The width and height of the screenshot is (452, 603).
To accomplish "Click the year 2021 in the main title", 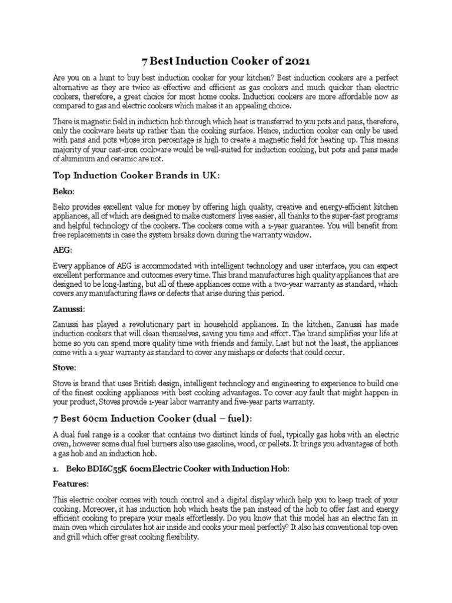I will (x=293, y=61).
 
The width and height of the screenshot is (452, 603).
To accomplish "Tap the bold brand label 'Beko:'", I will (x=65, y=191).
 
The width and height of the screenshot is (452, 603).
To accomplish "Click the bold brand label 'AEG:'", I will (x=64, y=250).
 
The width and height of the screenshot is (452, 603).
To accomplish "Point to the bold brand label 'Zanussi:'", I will (x=69, y=309).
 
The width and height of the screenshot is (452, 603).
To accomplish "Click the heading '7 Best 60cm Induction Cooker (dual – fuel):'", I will (x=153, y=418).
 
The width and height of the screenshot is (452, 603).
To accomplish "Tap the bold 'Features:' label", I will (x=71, y=484).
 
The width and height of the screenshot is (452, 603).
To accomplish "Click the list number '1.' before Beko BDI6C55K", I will (x=57, y=468).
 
